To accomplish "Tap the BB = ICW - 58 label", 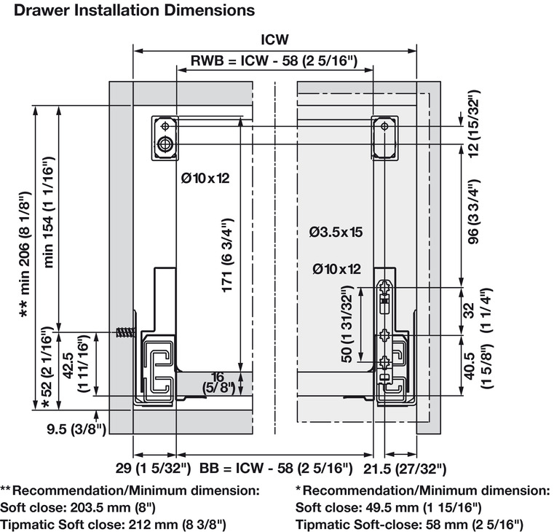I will pyautogui.click(x=276, y=467).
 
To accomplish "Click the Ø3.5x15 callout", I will pyautogui.click(x=336, y=232).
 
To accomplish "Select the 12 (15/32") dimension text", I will pyautogui.click(x=473, y=123).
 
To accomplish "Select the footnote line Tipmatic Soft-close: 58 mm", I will pyautogui.click(x=409, y=524).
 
